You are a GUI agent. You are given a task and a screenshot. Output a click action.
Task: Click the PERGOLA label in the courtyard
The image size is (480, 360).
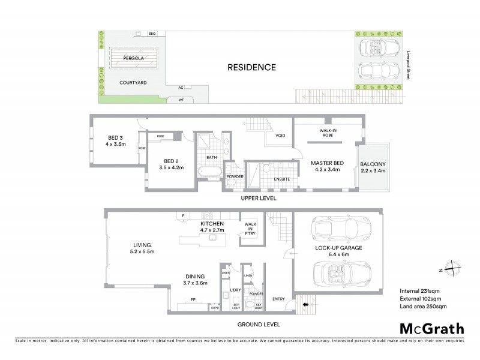click(x=132, y=59)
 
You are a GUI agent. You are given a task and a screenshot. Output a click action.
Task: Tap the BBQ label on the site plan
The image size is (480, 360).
click(x=152, y=34)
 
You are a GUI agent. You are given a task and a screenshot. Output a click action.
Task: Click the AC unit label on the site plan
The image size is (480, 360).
click(x=180, y=88)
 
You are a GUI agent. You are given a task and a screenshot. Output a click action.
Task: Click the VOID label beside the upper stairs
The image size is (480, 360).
click(x=280, y=136)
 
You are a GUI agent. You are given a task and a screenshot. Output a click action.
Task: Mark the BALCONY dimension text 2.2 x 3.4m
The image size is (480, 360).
click(x=373, y=171)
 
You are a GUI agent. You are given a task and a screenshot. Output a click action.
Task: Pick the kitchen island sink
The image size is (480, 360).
click(x=212, y=238)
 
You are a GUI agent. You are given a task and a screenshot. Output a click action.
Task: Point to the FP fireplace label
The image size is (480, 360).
click(x=193, y=298)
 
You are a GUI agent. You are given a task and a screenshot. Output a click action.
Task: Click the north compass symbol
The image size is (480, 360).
click(x=454, y=269)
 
